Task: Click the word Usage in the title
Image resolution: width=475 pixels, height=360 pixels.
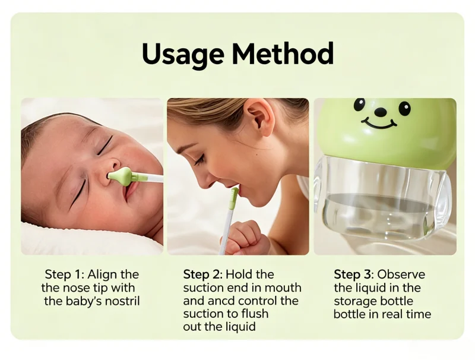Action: click(183, 55)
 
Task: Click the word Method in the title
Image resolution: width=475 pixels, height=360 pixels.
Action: click(283, 53)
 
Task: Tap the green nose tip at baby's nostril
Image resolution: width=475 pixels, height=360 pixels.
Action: click(120, 176)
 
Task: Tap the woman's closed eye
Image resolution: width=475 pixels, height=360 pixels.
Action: click(200, 160)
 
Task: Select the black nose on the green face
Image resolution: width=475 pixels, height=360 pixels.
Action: click(380, 112)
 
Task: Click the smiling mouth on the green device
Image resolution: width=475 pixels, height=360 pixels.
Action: click(379, 124)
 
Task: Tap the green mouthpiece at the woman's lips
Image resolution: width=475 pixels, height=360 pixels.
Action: click(234, 198)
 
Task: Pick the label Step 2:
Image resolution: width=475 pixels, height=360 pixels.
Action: click(203, 274)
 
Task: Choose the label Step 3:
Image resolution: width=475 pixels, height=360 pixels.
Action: click(354, 274)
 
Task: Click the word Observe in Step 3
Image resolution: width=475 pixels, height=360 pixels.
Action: click(401, 274)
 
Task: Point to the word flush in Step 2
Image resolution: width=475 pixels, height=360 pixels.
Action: click(255, 314)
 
